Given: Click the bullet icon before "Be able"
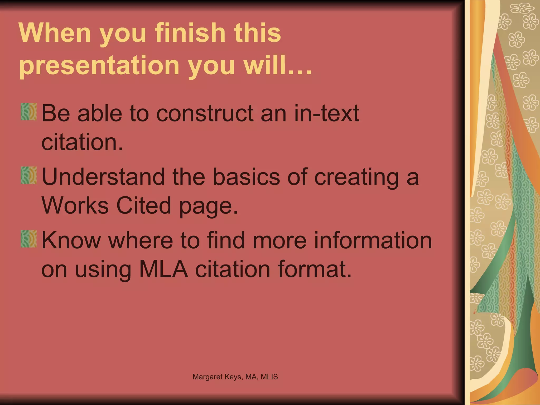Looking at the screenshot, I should pos(29,112).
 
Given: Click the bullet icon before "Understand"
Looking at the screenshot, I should pos(29,175).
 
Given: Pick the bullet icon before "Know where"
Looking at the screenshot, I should pos(29,239).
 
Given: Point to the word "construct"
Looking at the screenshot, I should pos(205,113).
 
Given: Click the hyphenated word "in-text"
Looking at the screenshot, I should pos(326,113).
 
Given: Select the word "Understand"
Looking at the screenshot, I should pos(103,177).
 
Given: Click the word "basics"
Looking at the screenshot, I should pos(246,177).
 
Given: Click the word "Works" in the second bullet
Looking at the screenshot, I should pos(75,206).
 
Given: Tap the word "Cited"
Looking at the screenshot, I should pos(144,206).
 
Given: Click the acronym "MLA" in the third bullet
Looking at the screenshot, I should pos(164,269).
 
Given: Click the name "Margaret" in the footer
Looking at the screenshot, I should pos(207,377).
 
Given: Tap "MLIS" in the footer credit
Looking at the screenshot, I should pos(269,377).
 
